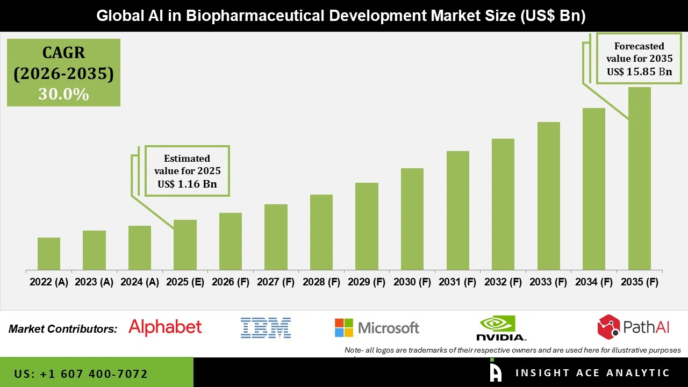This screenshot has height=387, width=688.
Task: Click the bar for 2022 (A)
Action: click(x=49, y=254)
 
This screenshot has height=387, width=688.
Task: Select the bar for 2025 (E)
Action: click(x=185, y=245)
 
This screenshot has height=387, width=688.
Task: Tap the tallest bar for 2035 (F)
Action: click(x=639, y=178)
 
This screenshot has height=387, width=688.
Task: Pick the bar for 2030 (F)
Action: click(x=412, y=219)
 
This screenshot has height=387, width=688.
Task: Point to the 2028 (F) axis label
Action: click(x=321, y=282)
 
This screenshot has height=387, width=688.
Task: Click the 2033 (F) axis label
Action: click(x=548, y=282)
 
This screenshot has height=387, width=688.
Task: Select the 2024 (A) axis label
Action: click(x=140, y=282)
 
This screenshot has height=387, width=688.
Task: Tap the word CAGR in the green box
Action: click(x=63, y=53)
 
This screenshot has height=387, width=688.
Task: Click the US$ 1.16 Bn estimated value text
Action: click(x=187, y=184)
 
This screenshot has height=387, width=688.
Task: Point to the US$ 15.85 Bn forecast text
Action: click(x=639, y=71)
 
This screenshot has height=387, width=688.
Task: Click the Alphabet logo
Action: click(x=165, y=327)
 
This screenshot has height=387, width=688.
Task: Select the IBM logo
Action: click(x=266, y=327)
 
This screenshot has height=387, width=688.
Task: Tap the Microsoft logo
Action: click(x=377, y=327)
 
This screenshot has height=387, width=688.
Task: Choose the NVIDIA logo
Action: click(x=501, y=328)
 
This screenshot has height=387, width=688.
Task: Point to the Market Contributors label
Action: click(x=63, y=329)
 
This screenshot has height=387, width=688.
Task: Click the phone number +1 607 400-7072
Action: click(x=81, y=374)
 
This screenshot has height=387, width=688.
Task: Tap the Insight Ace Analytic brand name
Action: click(x=592, y=373)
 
